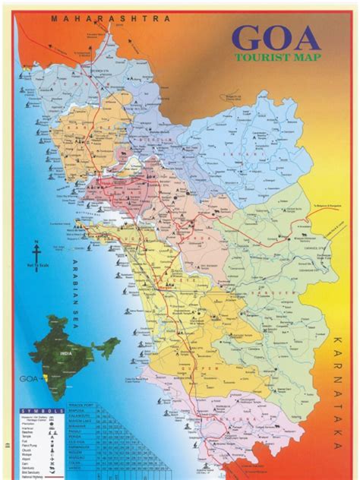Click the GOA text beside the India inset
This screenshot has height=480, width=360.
point(27,374)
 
